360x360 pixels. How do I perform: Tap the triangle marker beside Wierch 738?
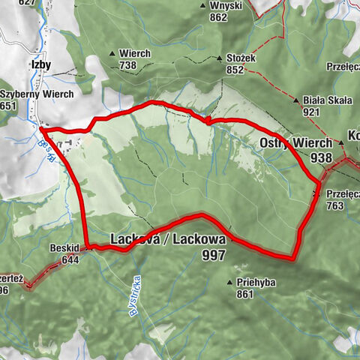[x=112, y=54]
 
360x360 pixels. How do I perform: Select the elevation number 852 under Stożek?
[x=235, y=70]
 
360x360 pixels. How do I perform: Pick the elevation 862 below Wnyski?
[x=219, y=17]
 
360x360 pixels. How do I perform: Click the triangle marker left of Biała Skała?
[x=295, y=99]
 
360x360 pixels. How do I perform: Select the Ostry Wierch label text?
[x=296, y=143]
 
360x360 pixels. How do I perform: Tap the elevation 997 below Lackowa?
[x=213, y=255]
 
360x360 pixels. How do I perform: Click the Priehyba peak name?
[x=255, y=283]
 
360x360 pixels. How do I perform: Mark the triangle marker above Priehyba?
[x=229, y=283]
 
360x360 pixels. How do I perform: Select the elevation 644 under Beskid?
[x=71, y=259]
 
